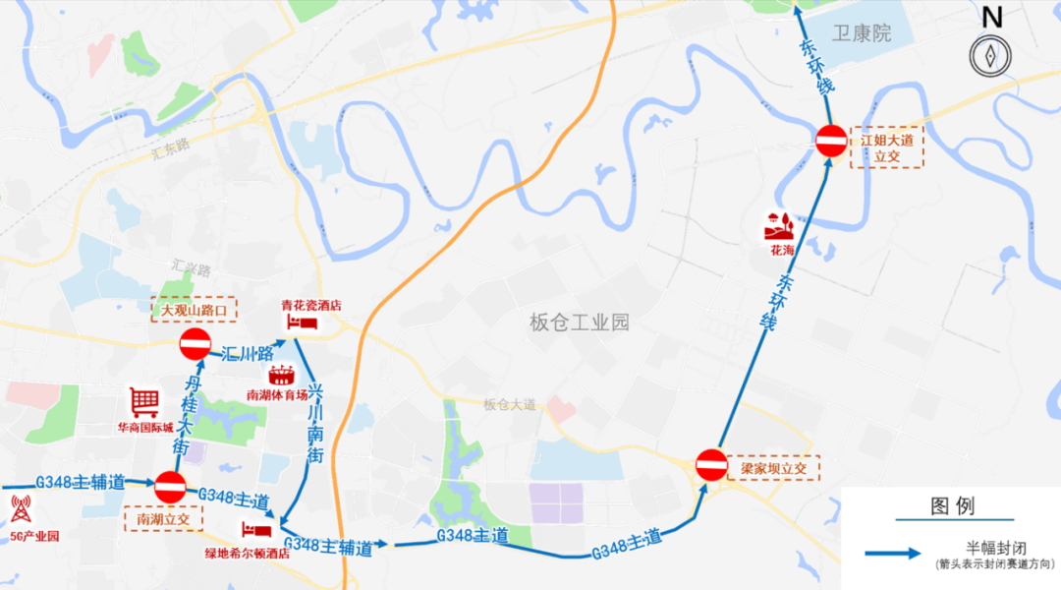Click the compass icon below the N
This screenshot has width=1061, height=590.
coord(990,55)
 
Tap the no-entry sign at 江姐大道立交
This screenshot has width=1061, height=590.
coord(830,141)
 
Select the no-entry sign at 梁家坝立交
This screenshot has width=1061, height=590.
coord(711,465)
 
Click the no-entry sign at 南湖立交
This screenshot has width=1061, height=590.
coord(170,486)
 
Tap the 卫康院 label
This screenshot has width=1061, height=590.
coord(862,33)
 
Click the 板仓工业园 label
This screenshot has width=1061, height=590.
coord(579,322)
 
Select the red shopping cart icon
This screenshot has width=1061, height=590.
coord(144,402)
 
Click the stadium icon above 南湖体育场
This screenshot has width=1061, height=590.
coord(281,375)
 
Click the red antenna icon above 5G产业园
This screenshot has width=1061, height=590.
coord(21,509)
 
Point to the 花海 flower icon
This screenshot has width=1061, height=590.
coord(781,225)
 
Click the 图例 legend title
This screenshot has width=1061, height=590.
coord(952,506)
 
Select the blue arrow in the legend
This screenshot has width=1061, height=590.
coord(894,553)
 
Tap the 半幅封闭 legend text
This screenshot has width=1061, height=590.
coord(995,547)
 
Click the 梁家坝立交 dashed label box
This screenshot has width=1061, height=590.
coord(774,469)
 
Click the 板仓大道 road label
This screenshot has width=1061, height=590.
coord(510,404)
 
